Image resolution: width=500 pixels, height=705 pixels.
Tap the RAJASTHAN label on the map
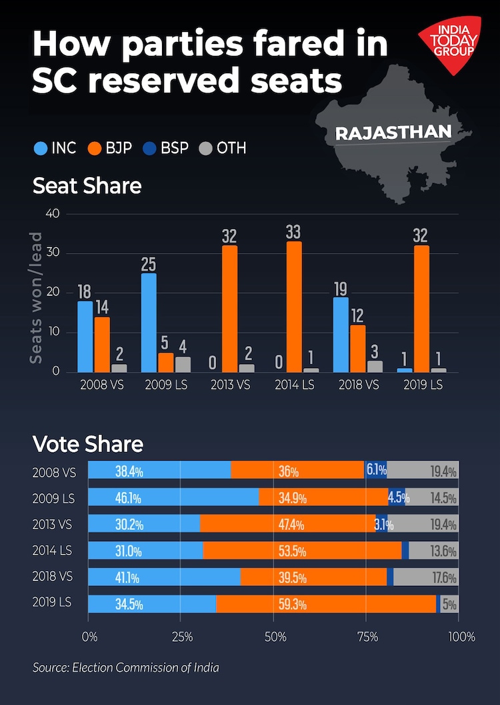click(393, 132)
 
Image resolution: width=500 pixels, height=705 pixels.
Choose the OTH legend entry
click(223, 148)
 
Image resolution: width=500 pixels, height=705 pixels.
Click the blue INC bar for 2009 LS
click(148, 323)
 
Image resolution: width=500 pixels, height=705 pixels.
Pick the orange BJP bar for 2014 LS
click(293, 307)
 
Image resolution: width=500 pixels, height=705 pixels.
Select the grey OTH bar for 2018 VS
click(375, 366)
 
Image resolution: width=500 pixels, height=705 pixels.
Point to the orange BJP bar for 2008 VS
click(102, 344)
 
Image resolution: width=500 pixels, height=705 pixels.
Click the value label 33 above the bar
click(293, 232)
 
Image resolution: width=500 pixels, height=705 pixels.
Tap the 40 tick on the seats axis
click(53, 214)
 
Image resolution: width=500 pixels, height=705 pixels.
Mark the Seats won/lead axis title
click(37, 298)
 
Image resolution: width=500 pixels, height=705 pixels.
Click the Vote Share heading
click(88, 444)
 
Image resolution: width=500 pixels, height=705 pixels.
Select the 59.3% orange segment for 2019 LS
click(326, 604)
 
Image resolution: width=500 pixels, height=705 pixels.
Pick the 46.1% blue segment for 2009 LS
click(173, 497)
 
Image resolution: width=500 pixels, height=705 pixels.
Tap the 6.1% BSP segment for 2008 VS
click(375, 471)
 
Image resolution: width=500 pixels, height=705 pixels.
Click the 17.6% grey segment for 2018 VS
click(425, 577)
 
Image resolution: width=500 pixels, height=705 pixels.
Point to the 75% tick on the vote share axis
click(366, 636)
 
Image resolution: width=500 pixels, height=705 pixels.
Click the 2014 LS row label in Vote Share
click(51, 551)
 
